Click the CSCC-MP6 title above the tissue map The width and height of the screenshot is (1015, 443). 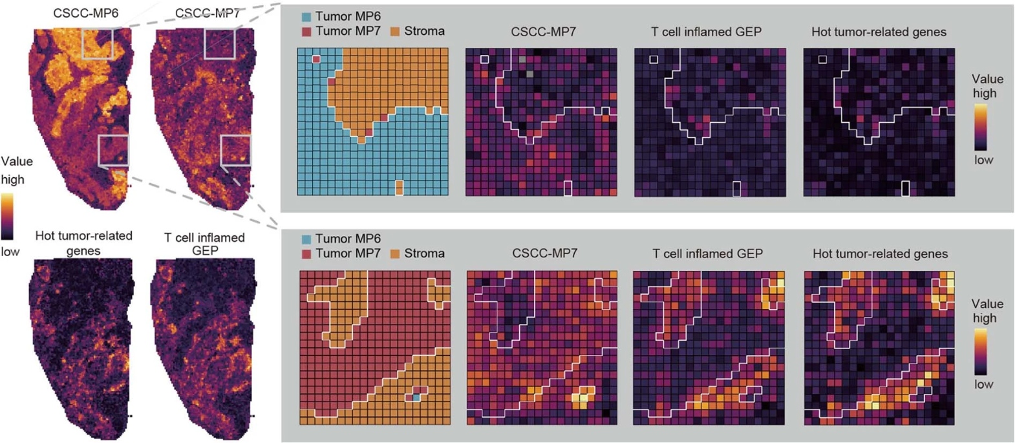85,12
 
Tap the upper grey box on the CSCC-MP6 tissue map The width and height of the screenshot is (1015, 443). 98,43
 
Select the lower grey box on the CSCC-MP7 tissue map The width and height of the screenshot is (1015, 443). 235,151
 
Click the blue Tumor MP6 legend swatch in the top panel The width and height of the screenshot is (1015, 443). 306,17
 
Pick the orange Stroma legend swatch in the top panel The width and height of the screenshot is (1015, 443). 395,32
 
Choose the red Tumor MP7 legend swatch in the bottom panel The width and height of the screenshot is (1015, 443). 306,254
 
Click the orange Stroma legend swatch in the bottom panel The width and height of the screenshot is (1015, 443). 395,254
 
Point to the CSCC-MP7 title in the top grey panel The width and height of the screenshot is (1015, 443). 543,32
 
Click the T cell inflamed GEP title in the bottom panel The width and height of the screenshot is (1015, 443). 707,254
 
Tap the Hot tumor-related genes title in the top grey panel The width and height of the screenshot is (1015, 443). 879,32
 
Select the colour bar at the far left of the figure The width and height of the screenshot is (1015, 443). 7,216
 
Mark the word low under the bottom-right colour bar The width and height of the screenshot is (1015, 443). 983,384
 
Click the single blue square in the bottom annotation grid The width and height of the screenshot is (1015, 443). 417,397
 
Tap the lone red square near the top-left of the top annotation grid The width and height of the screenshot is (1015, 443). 316,59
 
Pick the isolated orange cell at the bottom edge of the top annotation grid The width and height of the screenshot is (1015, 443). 399,188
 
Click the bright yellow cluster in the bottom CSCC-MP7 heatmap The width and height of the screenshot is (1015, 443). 581,395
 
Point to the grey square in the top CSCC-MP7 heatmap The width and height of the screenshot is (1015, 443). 522,59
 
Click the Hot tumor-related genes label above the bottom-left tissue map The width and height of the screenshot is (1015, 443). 84,243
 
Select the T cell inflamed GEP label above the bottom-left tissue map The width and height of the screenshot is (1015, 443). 204,244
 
